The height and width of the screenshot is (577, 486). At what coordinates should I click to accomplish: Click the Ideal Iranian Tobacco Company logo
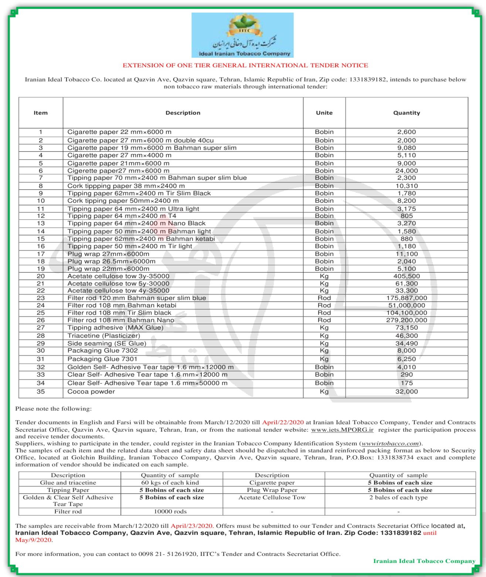click(x=242, y=35)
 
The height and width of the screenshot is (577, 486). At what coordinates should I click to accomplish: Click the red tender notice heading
click(x=245, y=65)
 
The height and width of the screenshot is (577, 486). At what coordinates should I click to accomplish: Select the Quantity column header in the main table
click(x=407, y=113)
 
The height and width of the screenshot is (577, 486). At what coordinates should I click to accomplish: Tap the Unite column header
click(x=324, y=113)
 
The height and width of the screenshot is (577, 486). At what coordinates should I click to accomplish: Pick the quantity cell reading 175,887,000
click(x=407, y=298)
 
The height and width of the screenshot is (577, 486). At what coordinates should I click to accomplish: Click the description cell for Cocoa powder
click(x=91, y=392)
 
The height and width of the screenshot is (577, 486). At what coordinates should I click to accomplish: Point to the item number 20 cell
click(x=41, y=276)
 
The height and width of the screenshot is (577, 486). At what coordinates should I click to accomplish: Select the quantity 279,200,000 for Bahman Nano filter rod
click(x=407, y=320)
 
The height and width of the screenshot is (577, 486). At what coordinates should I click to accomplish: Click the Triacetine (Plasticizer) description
click(x=104, y=336)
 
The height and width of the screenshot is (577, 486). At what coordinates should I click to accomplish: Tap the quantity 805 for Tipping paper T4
click(x=407, y=216)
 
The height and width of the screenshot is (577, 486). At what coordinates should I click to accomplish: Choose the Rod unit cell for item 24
click(x=324, y=306)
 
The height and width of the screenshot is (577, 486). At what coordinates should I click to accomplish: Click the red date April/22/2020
click(x=283, y=422)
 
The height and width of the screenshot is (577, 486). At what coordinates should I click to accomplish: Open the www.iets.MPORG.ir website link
click(x=342, y=430)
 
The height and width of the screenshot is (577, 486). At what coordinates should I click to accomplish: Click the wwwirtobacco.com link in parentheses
click(x=391, y=443)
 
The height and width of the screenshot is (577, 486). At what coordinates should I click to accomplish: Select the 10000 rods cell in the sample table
click(x=170, y=512)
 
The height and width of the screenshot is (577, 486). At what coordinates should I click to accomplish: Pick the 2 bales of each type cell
click(x=398, y=497)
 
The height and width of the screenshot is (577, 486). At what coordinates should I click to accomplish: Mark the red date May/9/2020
click(x=34, y=540)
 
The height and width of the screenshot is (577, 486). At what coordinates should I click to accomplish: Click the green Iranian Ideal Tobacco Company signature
click(x=424, y=561)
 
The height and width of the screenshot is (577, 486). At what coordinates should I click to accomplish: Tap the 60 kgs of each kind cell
click(x=170, y=483)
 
